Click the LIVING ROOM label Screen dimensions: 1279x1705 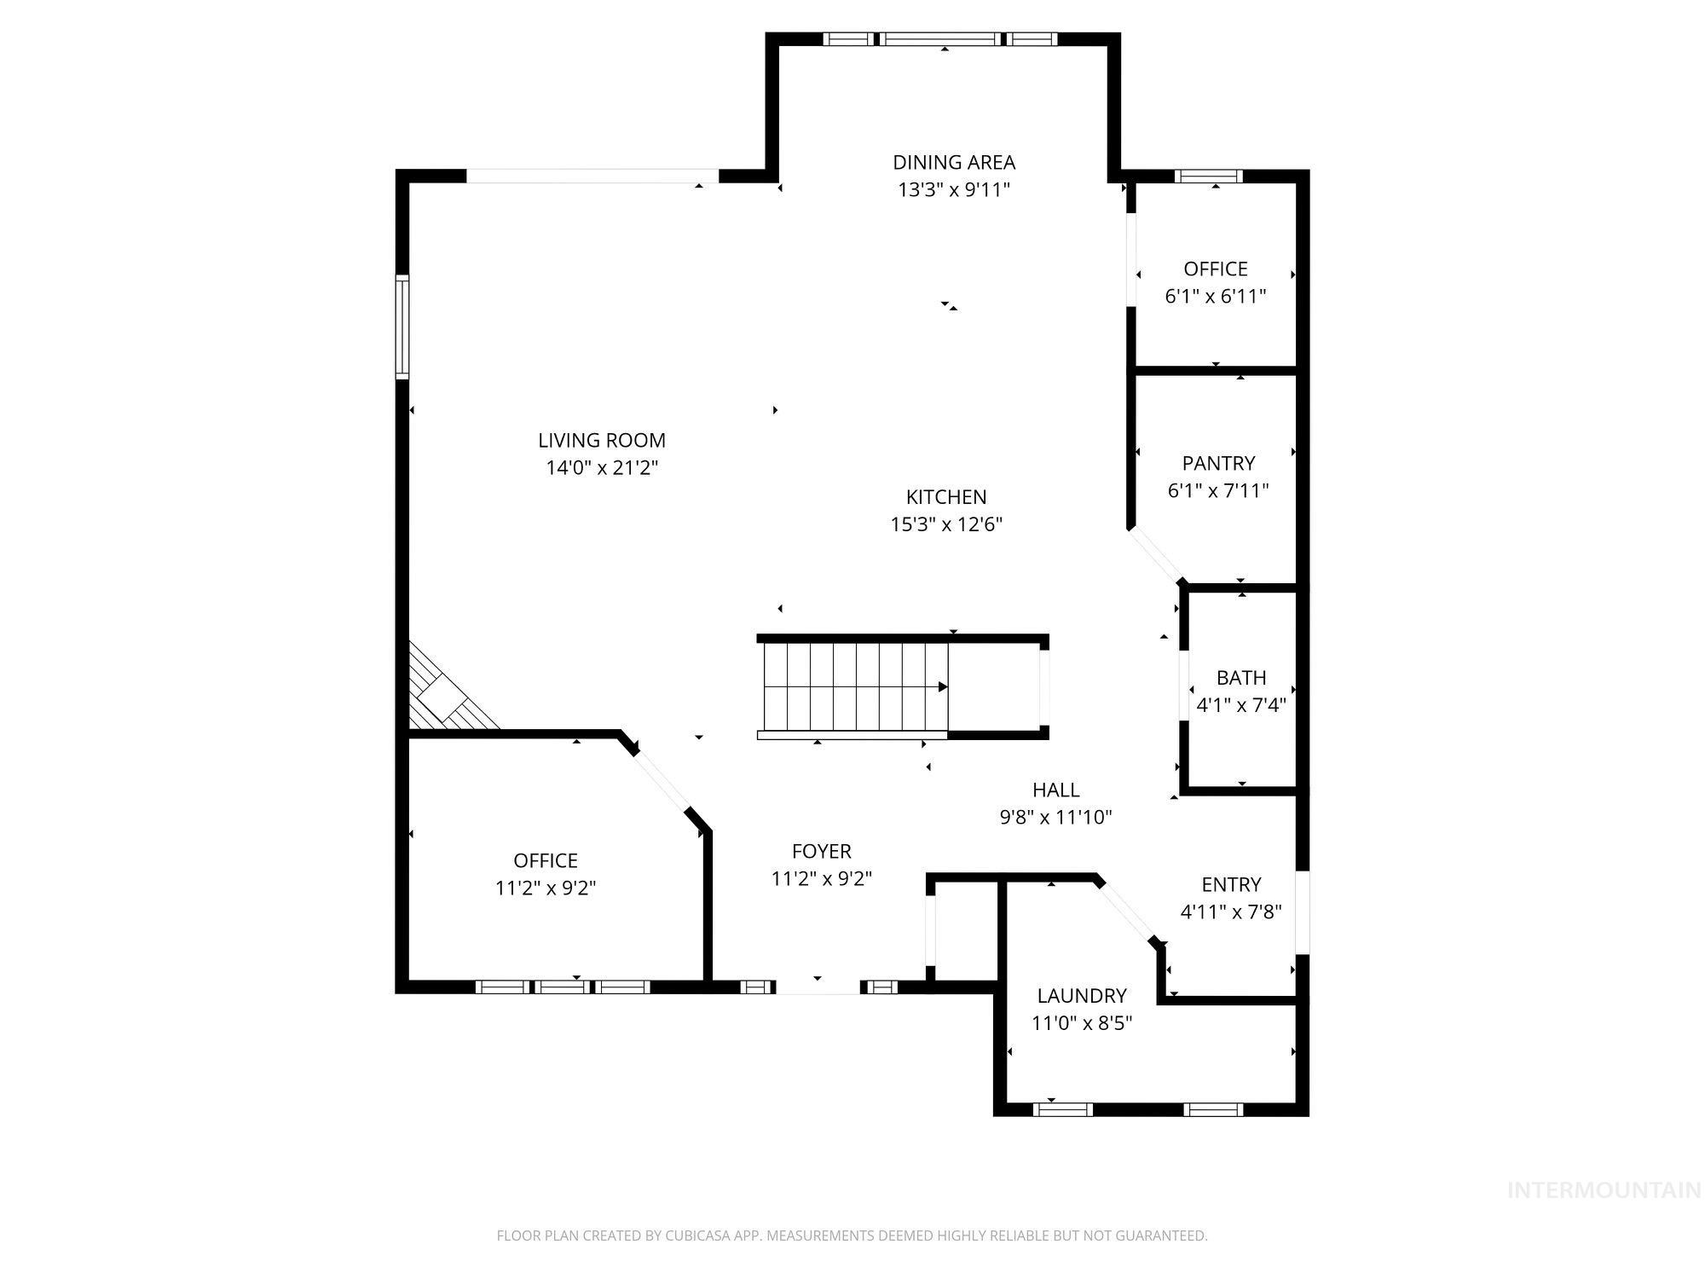tap(601, 440)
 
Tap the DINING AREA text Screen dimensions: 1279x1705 tap(953, 162)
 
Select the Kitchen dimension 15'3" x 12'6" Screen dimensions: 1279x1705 tap(945, 524)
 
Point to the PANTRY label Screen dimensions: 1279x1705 tap(1217, 463)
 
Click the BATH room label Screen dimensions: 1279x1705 tap(1240, 678)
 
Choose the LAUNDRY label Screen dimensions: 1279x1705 tap(1081, 995)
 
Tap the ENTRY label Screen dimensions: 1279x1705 tap(1230, 884)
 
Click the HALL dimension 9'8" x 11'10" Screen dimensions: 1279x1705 tap(1055, 817)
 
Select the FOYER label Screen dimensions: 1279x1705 tap(821, 851)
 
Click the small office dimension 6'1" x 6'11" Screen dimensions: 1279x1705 tap(1215, 296)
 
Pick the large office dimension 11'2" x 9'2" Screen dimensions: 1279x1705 tap(545, 888)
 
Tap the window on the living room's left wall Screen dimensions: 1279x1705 tap(402, 327)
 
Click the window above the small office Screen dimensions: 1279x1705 tap(1208, 177)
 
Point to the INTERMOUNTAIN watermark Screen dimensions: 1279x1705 tap(1604, 1190)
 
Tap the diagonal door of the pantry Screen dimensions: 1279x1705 tap(1156, 555)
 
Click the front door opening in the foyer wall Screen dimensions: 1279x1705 tap(818, 987)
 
